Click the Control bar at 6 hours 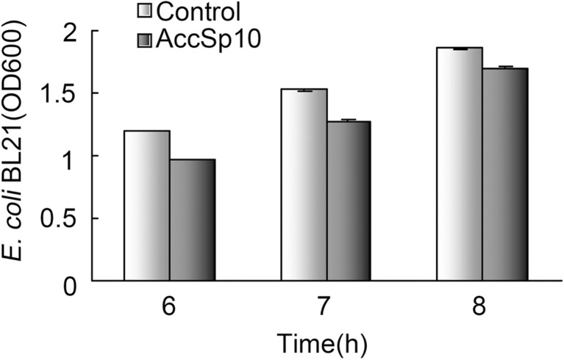[x=147, y=206]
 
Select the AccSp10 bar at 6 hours [x=192, y=220]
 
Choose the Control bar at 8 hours [x=460, y=164]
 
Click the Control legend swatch [x=145, y=12]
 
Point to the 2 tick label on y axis [x=71, y=32]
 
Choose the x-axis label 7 [x=326, y=304]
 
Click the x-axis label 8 [x=482, y=304]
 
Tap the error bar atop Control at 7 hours [x=304, y=90]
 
